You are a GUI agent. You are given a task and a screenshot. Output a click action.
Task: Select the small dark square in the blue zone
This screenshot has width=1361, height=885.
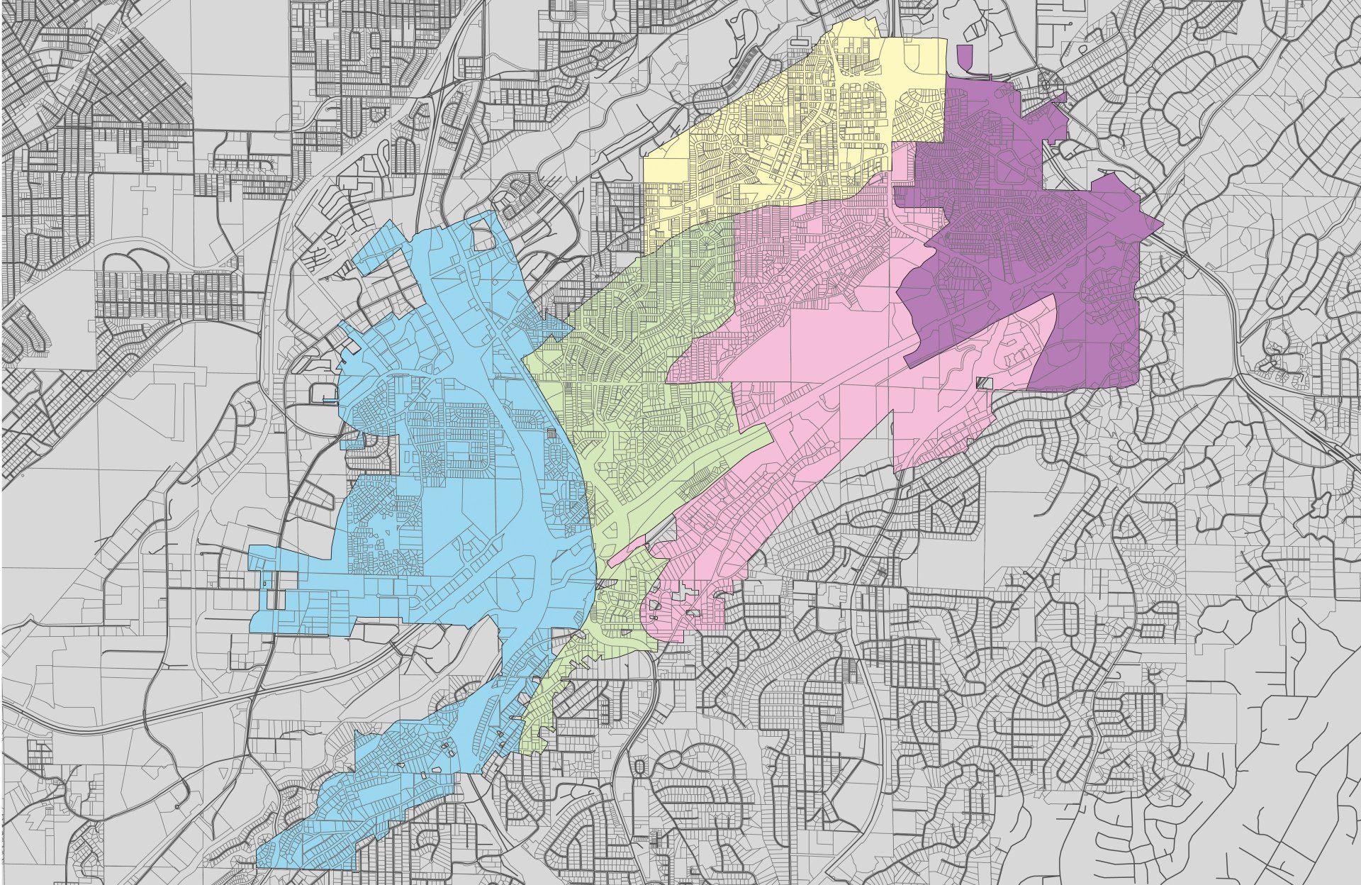(553, 433)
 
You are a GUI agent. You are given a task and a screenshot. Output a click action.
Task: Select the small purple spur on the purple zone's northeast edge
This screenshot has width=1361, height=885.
(1060, 97)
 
